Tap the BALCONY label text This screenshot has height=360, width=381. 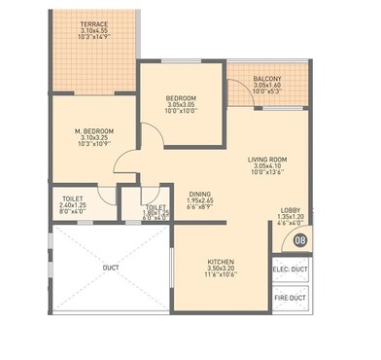click(x=266, y=78)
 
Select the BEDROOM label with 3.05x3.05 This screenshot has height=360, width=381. click(x=182, y=97)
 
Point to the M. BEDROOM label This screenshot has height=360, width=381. click(x=95, y=130)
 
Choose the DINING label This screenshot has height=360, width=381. click(x=199, y=193)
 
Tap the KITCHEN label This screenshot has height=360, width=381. click(x=221, y=262)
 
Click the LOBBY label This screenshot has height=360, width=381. click(x=291, y=210)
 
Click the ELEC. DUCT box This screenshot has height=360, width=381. click(x=289, y=270)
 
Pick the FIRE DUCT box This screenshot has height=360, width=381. click(x=289, y=299)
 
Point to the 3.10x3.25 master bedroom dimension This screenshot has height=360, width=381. click(x=95, y=138)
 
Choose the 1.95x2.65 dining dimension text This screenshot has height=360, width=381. click(x=199, y=200)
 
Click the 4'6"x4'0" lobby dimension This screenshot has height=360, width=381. click(x=291, y=225)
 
